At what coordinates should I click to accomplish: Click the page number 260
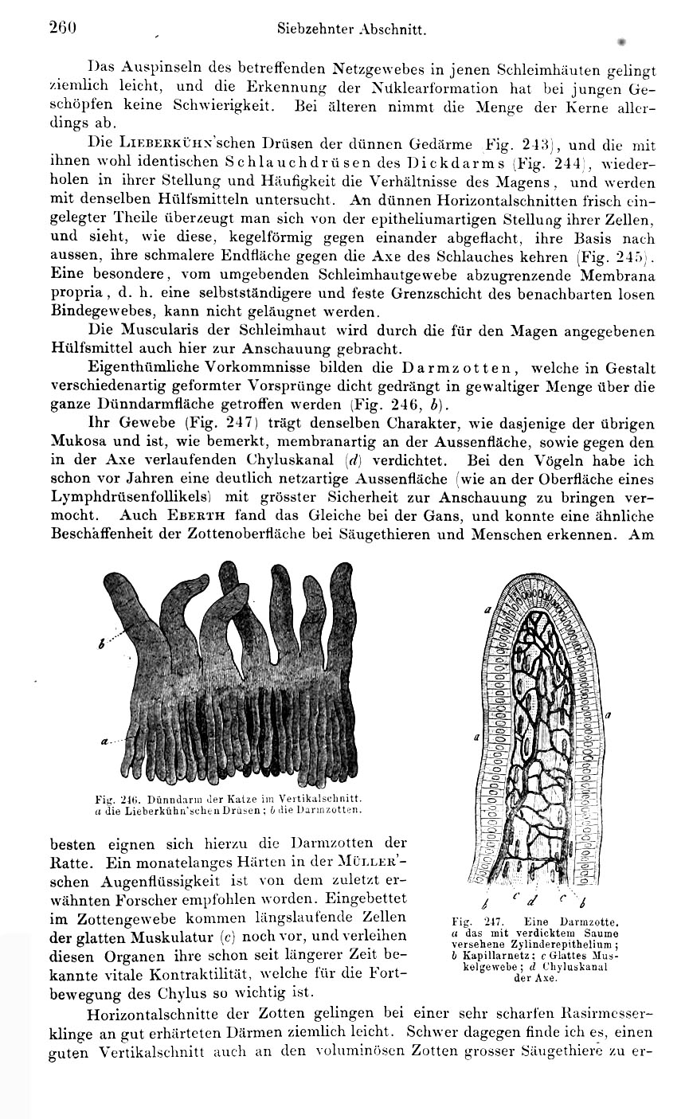pyautogui.click(x=61, y=28)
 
